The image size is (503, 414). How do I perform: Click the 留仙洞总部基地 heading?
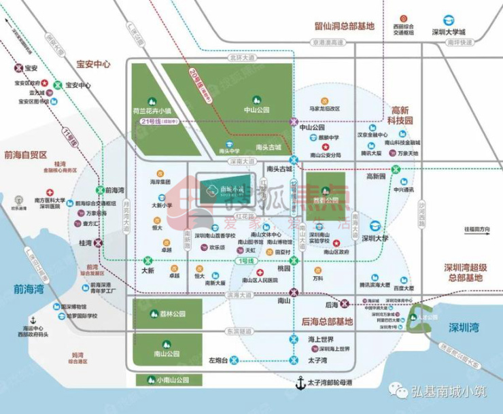point(345,27)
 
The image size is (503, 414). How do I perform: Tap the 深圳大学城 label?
point(449,32)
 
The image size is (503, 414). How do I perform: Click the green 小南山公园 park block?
point(167,380)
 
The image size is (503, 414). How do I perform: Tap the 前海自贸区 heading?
point(25,154)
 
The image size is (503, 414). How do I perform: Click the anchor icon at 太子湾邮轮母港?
point(298,384)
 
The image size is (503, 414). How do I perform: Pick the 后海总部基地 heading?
point(328,321)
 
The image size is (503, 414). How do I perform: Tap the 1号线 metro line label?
point(243,261)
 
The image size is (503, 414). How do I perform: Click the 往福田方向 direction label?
point(476,229)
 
